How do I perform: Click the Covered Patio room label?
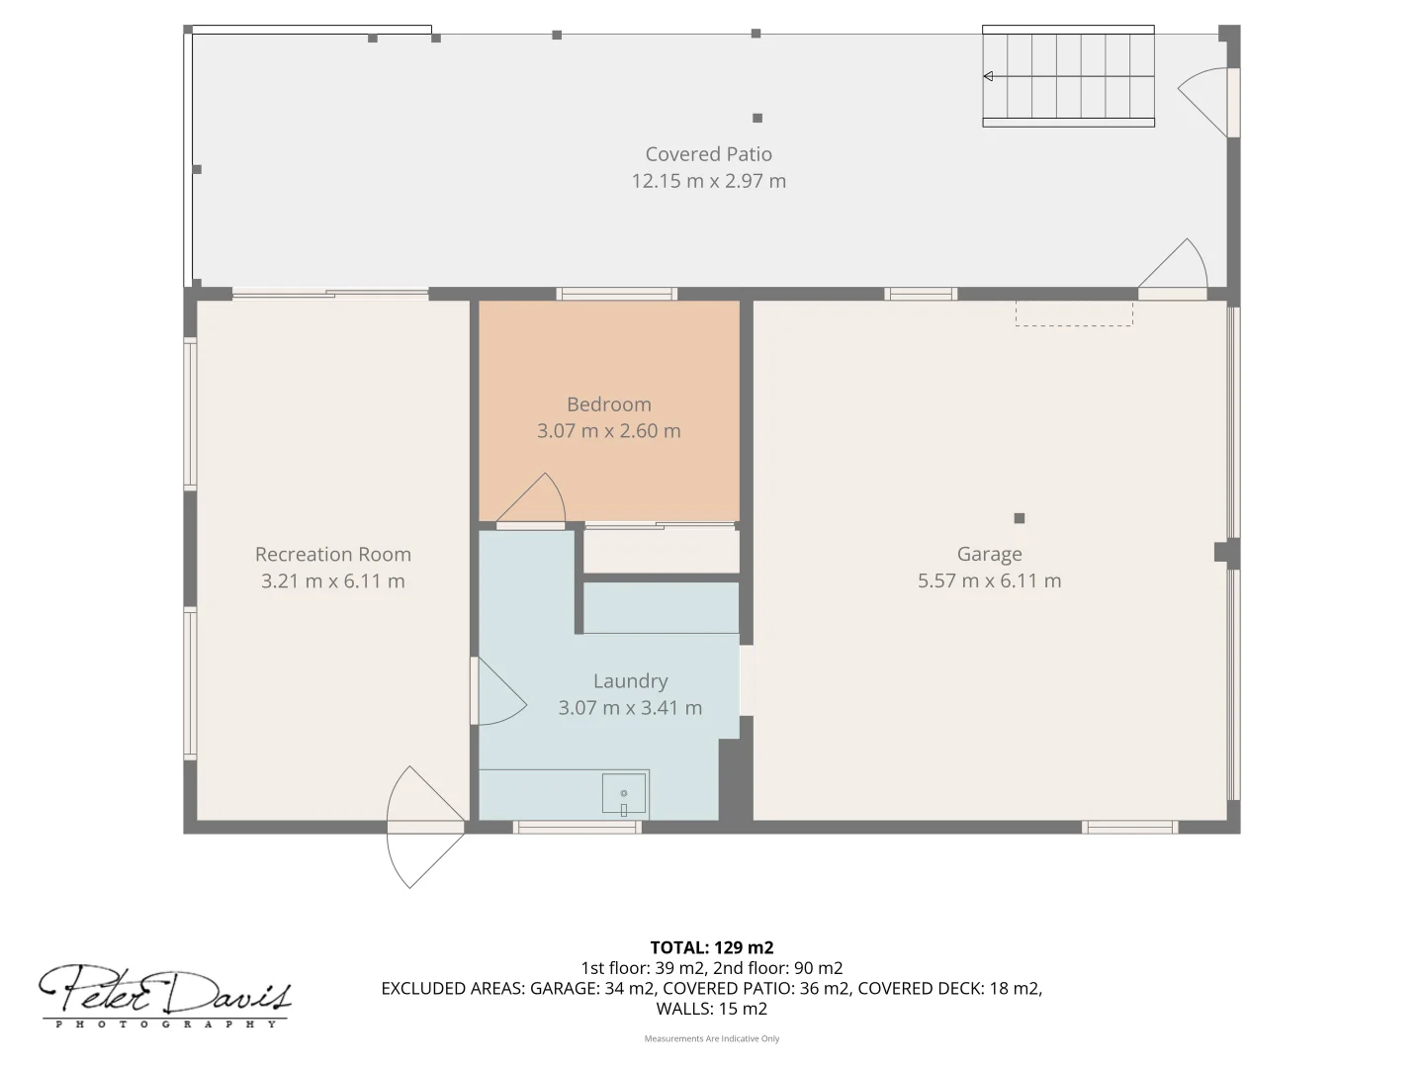click(708, 154)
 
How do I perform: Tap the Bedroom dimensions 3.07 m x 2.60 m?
click(608, 430)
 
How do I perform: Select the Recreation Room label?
click(333, 555)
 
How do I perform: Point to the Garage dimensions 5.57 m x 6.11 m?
click(989, 580)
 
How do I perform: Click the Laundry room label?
click(630, 681)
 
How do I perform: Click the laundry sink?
click(623, 793)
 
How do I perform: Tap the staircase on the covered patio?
click(1068, 76)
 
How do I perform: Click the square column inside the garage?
click(1020, 518)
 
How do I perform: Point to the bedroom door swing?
click(531, 498)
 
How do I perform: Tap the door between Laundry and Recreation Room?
click(498, 691)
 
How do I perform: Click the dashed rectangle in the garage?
click(1074, 313)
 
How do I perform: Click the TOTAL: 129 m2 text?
click(712, 947)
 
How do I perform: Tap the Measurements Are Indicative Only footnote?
click(712, 1038)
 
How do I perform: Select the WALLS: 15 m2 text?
click(712, 1009)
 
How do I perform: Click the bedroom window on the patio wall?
click(616, 294)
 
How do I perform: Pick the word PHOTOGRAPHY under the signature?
click(166, 1024)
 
